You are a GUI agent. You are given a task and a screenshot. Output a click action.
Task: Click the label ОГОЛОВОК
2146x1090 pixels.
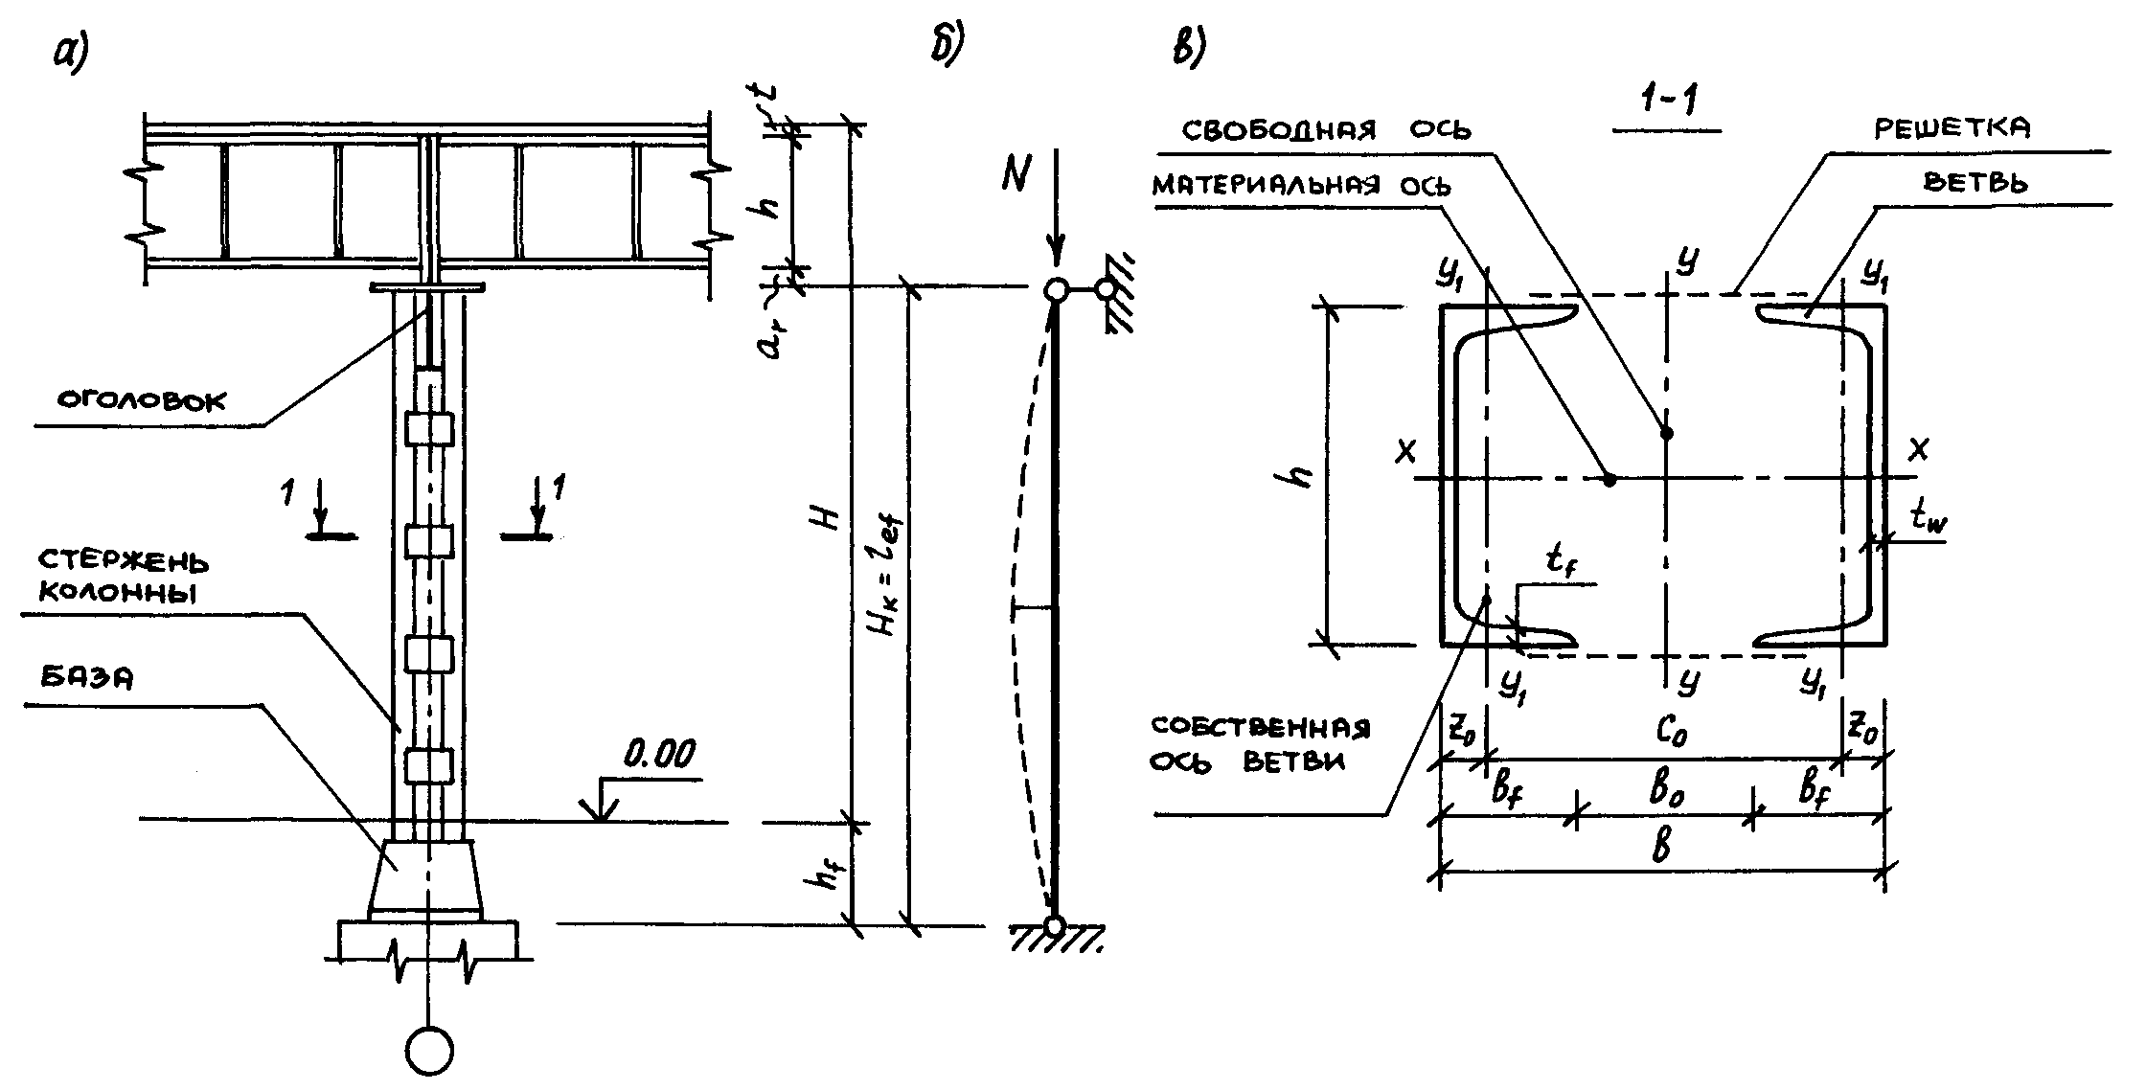[143, 399]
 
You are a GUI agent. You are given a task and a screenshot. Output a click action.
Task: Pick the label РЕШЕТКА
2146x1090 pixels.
[1951, 128]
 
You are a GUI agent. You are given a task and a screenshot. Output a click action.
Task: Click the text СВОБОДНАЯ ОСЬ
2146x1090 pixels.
[1326, 129]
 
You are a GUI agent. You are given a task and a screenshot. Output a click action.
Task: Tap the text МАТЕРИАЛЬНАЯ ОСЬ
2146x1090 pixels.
[1301, 186]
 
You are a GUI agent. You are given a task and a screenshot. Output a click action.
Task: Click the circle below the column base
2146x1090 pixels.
[429, 1051]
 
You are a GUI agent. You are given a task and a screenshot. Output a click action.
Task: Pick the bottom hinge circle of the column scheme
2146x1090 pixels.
[1055, 926]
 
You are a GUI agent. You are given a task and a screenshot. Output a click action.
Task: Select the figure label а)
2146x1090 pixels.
[71, 55]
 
